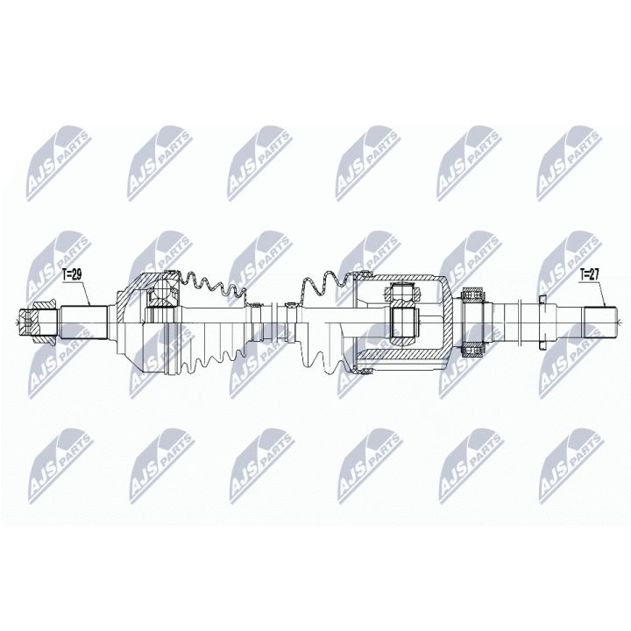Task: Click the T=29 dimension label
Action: pos(73,275)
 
